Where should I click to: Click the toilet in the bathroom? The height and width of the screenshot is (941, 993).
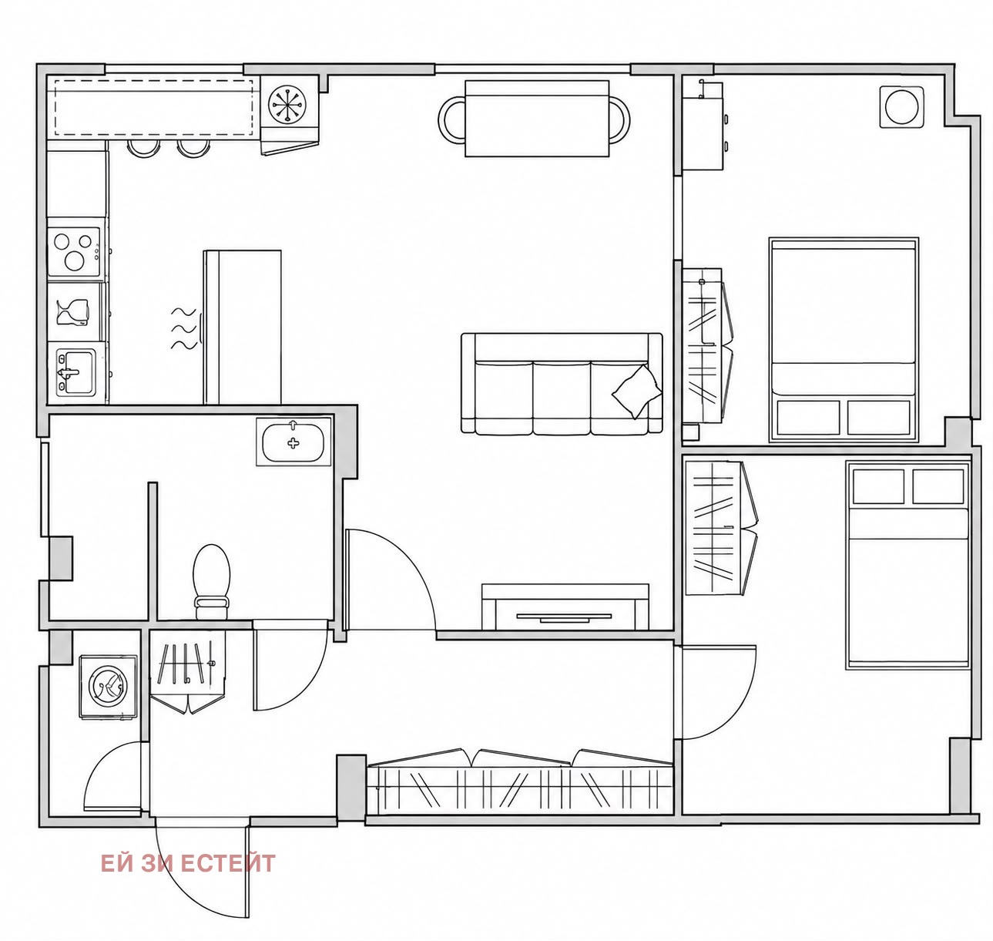pyautogui.click(x=212, y=581)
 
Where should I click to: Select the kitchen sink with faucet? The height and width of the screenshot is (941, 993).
pyautogui.click(x=75, y=372)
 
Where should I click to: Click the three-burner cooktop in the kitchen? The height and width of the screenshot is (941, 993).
pyautogui.click(x=75, y=251)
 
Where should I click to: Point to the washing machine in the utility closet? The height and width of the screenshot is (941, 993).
pyautogui.click(x=108, y=687)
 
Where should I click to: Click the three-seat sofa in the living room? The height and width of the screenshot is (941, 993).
pyautogui.click(x=562, y=383)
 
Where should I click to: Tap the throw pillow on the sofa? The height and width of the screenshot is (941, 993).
pyautogui.click(x=637, y=391)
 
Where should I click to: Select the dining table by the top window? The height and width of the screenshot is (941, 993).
pyautogui.click(x=537, y=119)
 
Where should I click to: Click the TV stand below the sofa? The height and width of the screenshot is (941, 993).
pyautogui.click(x=565, y=607)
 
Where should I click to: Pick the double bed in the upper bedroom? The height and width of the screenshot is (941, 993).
pyautogui.click(x=844, y=340)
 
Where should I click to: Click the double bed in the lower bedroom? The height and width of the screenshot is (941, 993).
pyautogui.click(x=907, y=564)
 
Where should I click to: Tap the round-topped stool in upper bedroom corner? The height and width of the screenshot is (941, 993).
pyautogui.click(x=901, y=106)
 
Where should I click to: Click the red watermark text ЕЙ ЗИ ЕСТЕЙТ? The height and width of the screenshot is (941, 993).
pyautogui.click(x=188, y=863)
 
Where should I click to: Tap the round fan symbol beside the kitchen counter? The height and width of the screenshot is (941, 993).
pyautogui.click(x=287, y=104)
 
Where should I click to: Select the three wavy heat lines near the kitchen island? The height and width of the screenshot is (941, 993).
pyautogui.click(x=184, y=329)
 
